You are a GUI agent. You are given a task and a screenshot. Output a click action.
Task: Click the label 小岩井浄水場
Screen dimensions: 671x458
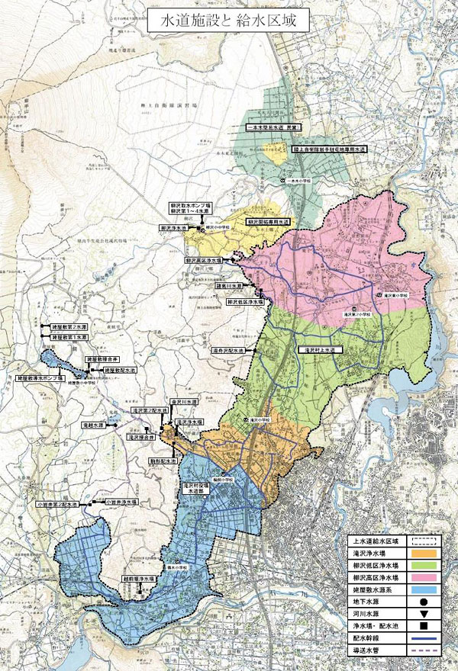(x=117, y=503)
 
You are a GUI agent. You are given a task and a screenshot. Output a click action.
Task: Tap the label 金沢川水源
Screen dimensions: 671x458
(x=184, y=400)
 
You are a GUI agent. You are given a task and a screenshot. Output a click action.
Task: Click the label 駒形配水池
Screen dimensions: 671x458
(x=163, y=461)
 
